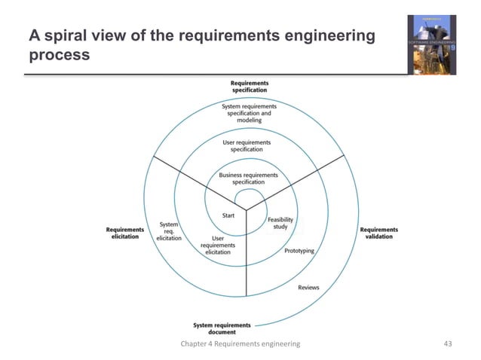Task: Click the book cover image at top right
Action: pos(431,44)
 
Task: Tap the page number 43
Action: pos(448,343)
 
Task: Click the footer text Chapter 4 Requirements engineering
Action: pos(240,343)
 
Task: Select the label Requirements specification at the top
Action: pos(249,87)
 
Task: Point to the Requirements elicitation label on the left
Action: pos(124,233)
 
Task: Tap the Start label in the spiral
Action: pos(228,216)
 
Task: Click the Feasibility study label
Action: pos(280,223)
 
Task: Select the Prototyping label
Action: pos(299,251)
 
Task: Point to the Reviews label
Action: pos(308,288)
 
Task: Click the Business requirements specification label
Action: pos(248,178)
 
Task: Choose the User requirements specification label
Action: pos(247,145)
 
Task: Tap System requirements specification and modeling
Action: pos(249,113)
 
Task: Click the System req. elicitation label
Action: pos(170,231)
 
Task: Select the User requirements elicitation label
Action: pos(218,246)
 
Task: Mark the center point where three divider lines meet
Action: pos(247,208)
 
